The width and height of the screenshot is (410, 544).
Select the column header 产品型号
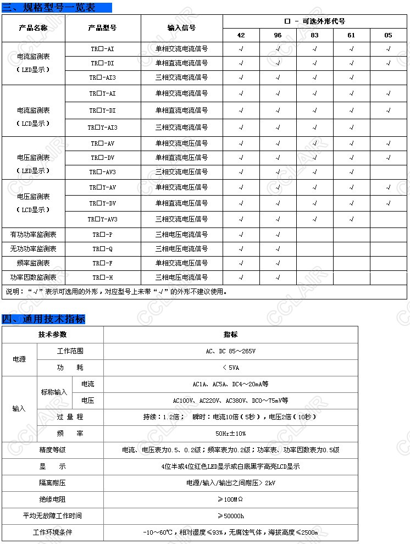coord(102,27)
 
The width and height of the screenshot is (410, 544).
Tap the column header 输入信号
coord(181,27)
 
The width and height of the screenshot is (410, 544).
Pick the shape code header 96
coord(278,35)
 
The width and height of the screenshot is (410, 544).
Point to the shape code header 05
coord(388,35)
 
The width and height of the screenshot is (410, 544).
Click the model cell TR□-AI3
coord(102,77)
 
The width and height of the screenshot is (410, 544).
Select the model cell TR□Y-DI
coord(102,110)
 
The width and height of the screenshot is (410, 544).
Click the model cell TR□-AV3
coord(102,172)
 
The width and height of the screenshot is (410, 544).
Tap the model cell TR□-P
coord(102,235)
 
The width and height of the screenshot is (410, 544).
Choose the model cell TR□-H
coord(102,277)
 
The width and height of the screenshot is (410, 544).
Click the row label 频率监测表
coord(33,263)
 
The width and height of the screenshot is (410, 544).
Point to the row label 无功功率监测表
coord(33,249)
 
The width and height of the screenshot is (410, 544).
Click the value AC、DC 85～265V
coord(230,351)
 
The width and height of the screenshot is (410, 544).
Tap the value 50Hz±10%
coord(230,434)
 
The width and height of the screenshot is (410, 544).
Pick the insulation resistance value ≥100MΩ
coord(230,499)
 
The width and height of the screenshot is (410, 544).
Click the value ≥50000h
coord(230,516)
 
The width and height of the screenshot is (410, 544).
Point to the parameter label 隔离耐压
coord(52,483)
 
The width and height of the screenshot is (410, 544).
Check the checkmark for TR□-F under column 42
coord(241,263)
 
